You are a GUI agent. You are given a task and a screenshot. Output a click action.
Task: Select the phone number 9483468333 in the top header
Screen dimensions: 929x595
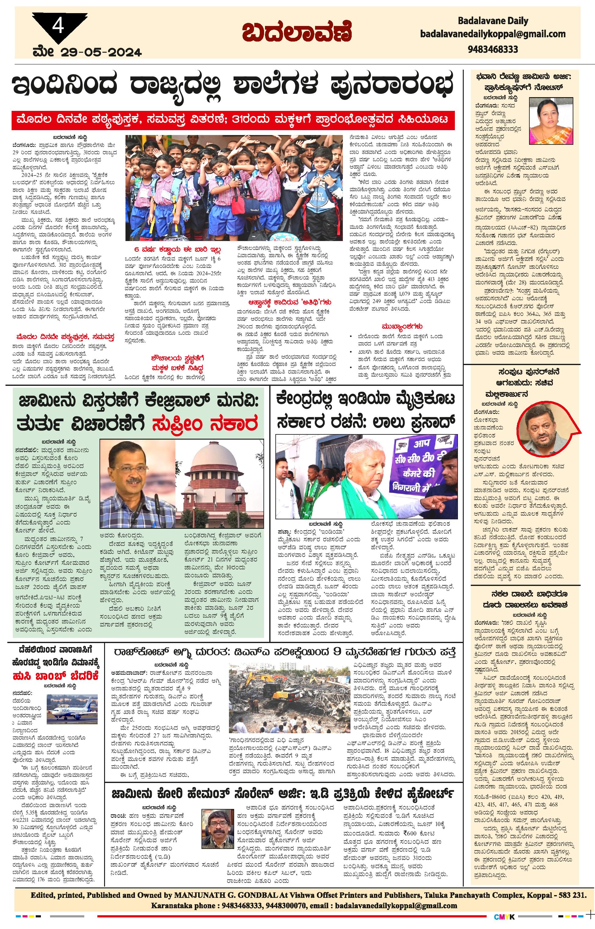tap(493, 49)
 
